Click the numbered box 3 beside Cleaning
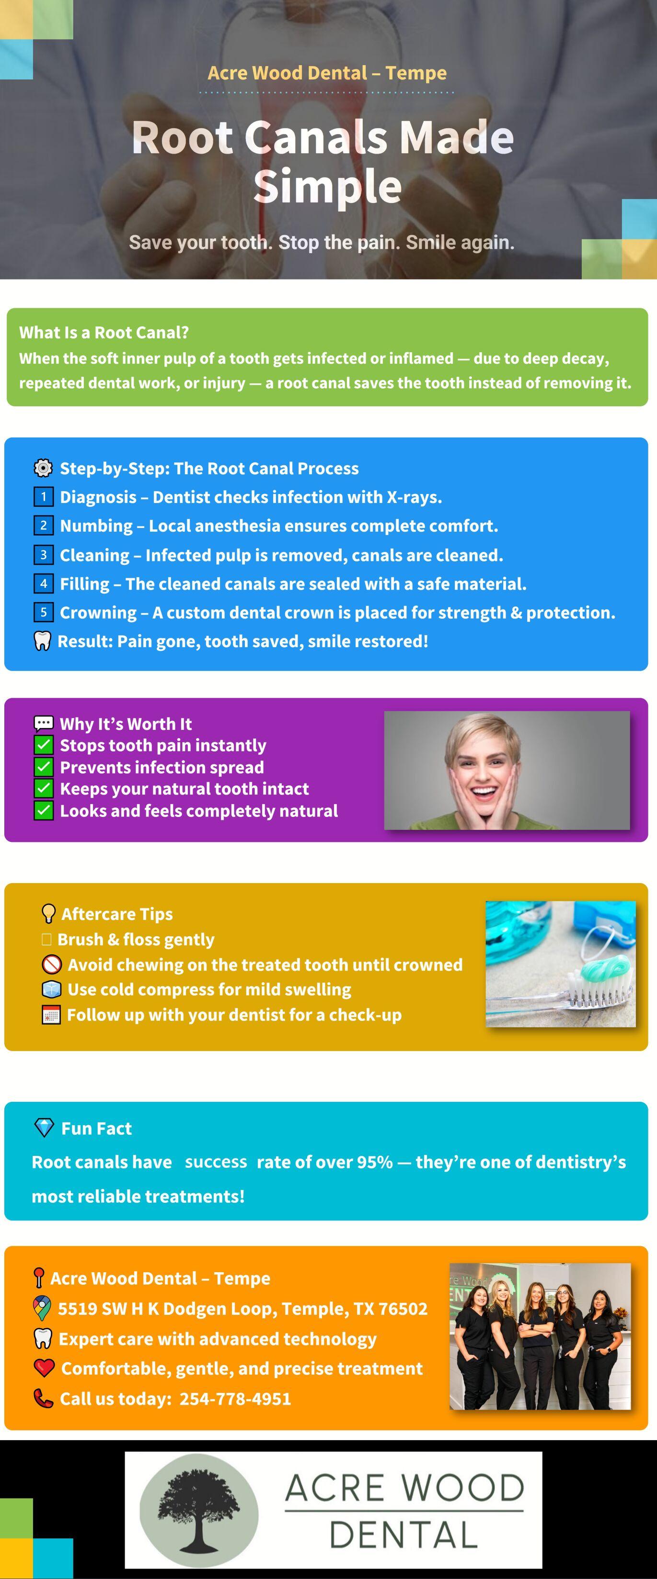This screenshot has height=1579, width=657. (43, 555)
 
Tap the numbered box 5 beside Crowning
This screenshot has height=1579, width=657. (43, 612)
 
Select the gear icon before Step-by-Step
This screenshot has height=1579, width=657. (43, 468)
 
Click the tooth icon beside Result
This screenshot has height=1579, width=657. (42, 641)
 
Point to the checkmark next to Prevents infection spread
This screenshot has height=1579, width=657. (44, 767)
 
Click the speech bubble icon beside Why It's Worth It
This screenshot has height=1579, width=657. (44, 723)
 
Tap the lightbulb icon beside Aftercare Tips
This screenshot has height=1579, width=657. (48, 913)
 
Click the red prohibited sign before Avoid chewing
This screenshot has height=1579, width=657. (52, 964)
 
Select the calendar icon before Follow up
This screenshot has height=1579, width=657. (51, 1015)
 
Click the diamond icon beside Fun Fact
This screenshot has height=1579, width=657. (44, 1127)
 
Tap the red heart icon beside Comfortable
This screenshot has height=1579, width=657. (44, 1368)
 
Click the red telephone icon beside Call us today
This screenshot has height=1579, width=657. (43, 1398)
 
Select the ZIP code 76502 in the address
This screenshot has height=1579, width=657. (403, 1309)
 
